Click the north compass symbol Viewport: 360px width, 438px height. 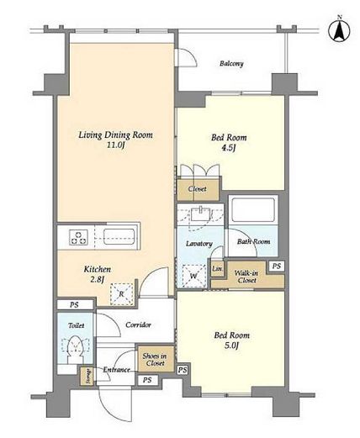click(340, 30)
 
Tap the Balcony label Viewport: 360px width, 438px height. click(231, 64)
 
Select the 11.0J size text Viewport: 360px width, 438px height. click(115, 145)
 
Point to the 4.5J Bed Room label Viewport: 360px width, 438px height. click(229, 142)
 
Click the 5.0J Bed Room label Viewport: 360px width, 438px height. click(231, 340)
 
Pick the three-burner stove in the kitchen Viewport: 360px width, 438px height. click(79, 237)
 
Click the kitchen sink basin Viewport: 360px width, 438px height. click(119, 237)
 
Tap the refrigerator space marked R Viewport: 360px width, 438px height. click(121, 294)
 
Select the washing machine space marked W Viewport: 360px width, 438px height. click(193, 276)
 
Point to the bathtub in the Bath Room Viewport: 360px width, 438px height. click(253, 210)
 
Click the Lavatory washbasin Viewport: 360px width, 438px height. click(201, 214)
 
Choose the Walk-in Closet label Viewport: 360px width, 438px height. click(246, 277)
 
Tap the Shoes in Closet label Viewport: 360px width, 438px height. click(155, 360)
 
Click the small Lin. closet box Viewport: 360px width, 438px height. click(217, 269)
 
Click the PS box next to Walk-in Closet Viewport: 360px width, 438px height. click(277, 266)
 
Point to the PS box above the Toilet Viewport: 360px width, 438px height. click(75, 304)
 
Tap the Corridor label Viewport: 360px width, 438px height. click(138, 325)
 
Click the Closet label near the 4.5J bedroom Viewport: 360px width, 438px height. click(198, 189)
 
